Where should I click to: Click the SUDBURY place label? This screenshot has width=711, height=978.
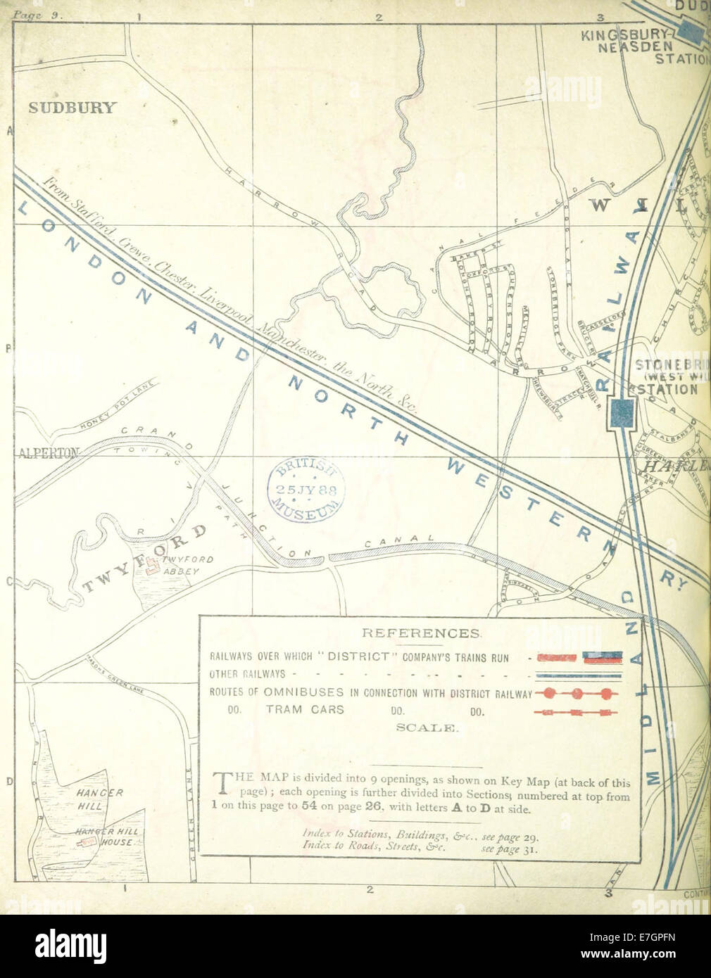[x=73, y=108]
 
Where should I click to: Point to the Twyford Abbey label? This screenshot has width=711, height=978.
[x=182, y=566]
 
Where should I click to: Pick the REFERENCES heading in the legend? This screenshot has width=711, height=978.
[x=421, y=633]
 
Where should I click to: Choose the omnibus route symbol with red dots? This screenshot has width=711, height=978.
[x=577, y=694]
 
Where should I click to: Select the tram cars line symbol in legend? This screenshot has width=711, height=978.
[x=577, y=713]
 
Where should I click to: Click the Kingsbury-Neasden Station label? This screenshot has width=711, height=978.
[x=648, y=46]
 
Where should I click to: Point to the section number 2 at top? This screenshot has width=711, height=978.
[x=379, y=17]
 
